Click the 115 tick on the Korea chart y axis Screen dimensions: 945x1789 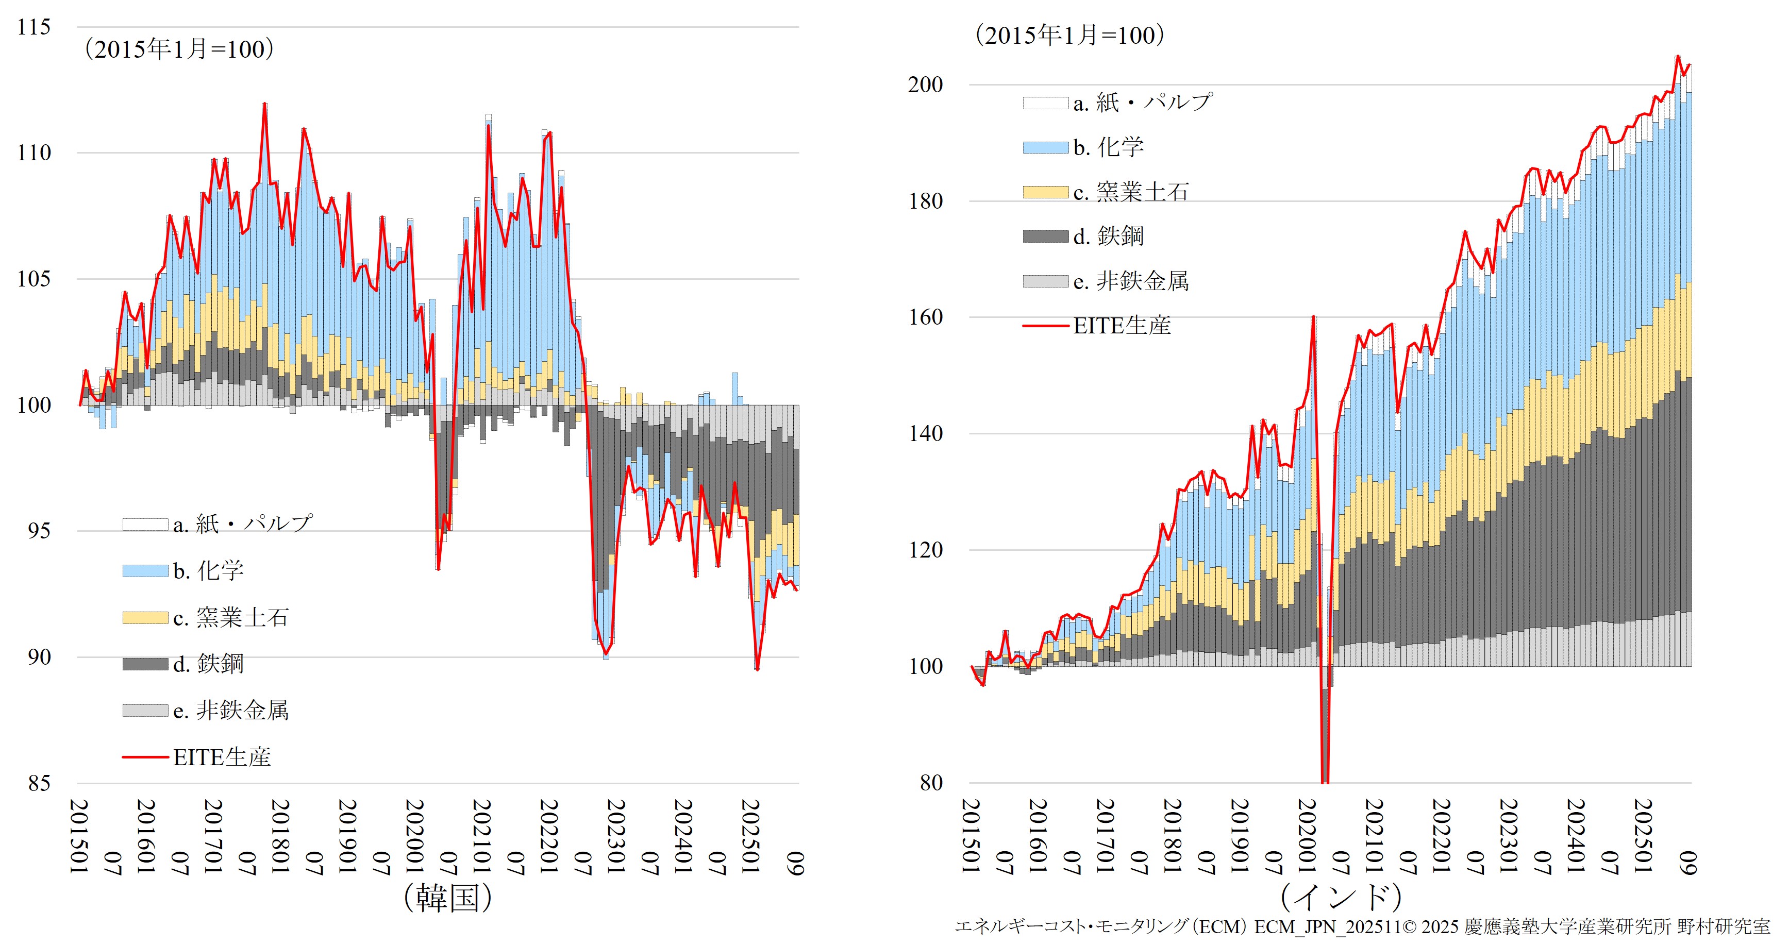coord(34,28)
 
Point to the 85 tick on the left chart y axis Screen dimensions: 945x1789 coord(39,783)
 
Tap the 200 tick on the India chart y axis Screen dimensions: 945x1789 coord(926,85)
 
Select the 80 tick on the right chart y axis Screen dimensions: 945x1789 coord(931,783)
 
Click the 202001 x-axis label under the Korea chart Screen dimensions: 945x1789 coord(415,836)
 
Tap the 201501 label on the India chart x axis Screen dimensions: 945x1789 coord(972,836)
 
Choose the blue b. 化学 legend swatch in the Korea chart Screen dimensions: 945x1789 coord(145,571)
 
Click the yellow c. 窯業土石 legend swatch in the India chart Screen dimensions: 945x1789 coord(1045,192)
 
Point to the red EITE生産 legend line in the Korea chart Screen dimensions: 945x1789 coord(145,757)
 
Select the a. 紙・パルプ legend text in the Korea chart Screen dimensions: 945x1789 coord(242,524)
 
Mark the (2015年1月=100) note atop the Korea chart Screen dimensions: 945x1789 coord(179,49)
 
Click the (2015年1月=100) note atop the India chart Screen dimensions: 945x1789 coord(1069,36)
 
